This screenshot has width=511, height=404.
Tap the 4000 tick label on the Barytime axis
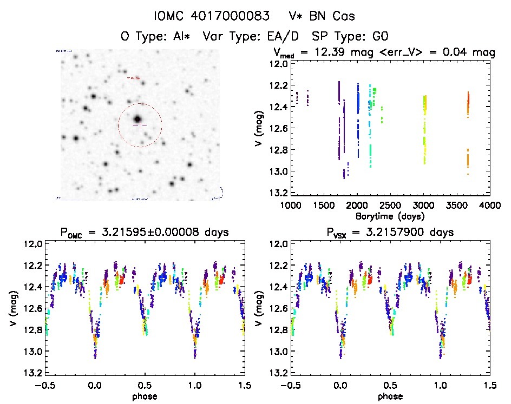pos(490,206)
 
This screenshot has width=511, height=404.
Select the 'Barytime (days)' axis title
pos(390,216)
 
